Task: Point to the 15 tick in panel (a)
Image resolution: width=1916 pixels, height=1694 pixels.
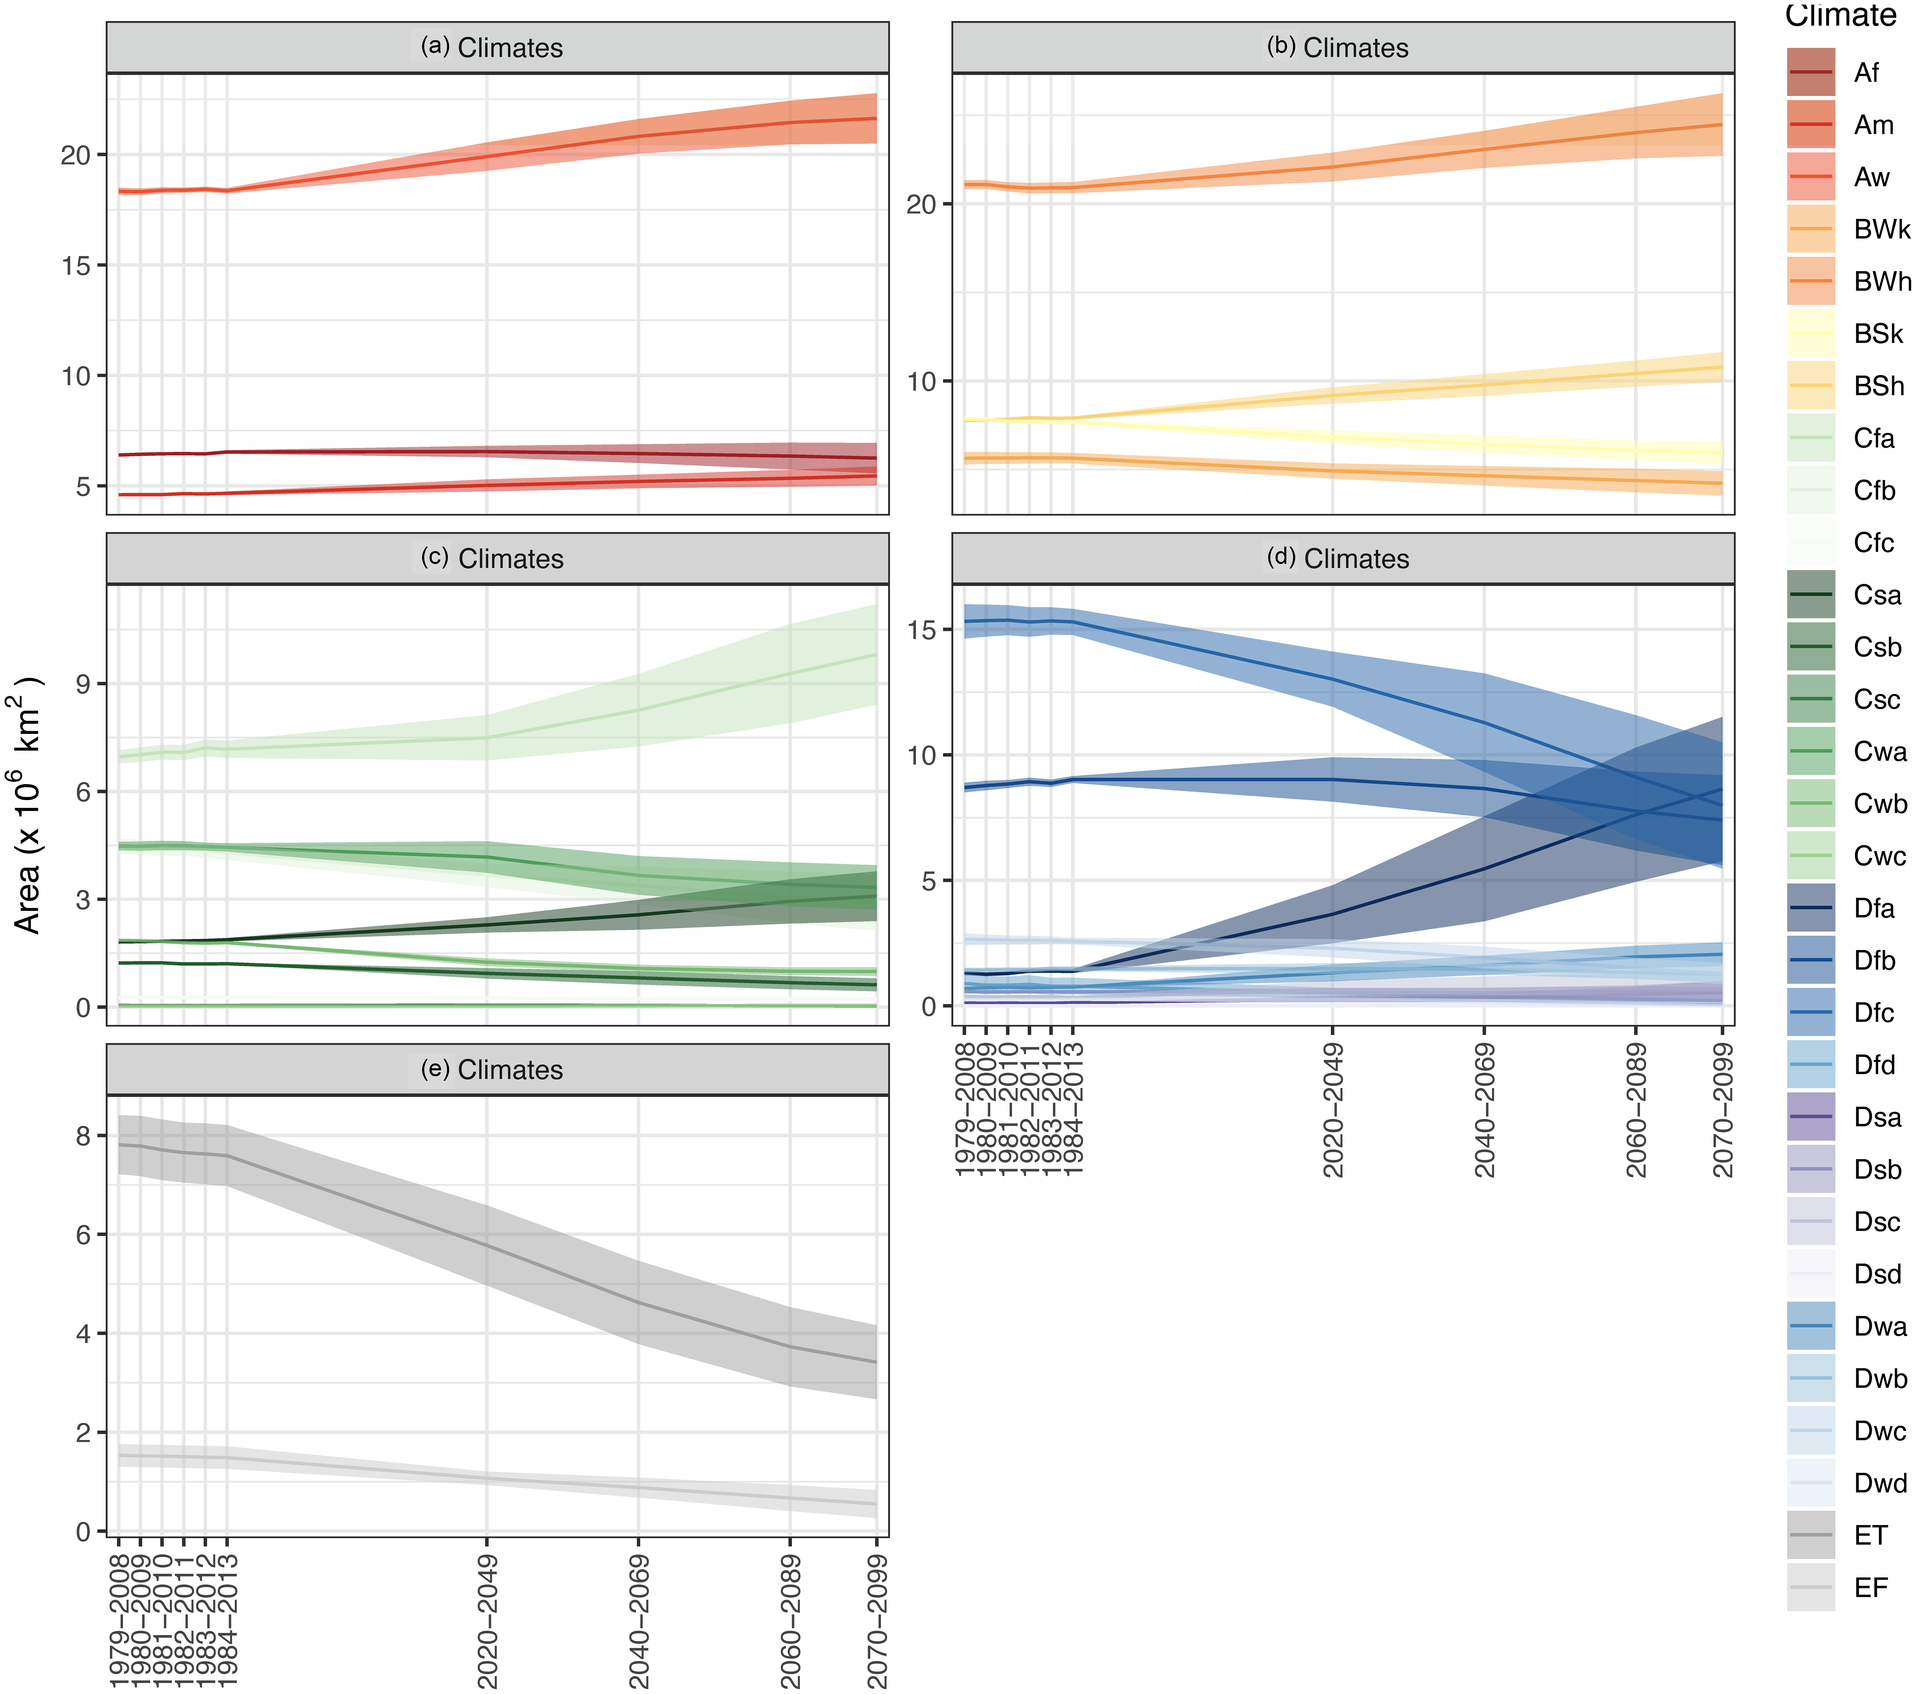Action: pos(77,265)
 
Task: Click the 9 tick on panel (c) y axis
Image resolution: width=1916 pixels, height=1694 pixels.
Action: pos(84,684)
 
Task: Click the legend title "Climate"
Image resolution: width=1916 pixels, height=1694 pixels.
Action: pos(1840,16)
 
